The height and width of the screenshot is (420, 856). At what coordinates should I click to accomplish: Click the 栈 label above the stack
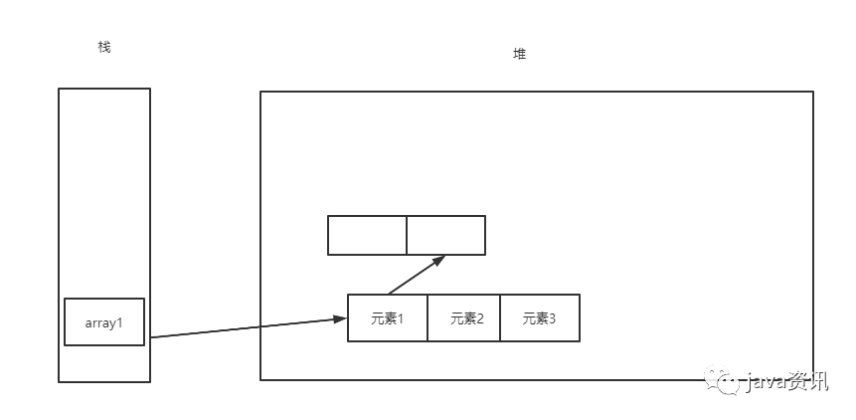point(104,46)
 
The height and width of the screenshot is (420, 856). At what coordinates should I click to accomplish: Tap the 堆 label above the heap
point(519,54)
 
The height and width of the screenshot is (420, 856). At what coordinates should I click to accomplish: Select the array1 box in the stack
point(104,321)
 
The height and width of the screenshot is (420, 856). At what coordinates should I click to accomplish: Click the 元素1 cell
point(388,317)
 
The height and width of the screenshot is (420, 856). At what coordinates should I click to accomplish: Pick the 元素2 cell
point(464,317)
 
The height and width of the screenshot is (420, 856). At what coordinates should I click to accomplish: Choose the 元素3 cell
point(540,317)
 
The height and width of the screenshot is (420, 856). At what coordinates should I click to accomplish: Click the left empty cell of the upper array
point(367,235)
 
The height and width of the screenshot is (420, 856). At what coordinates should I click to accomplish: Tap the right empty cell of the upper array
point(445,235)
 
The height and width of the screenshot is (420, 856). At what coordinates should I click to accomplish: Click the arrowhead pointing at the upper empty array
point(438,260)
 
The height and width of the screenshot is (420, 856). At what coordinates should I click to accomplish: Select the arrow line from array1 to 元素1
point(244,328)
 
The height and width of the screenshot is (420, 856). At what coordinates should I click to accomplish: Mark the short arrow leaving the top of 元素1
point(413,277)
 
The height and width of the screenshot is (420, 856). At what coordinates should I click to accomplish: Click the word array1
point(104,322)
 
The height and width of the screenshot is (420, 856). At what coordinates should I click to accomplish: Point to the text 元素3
point(540,318)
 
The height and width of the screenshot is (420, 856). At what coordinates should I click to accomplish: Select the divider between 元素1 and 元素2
point(428,317)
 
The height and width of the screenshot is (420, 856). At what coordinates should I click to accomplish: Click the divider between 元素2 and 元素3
point(500,317)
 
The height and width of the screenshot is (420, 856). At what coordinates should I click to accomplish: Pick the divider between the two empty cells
point(407,235)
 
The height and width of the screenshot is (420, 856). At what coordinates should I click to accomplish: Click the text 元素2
point(464,318)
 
